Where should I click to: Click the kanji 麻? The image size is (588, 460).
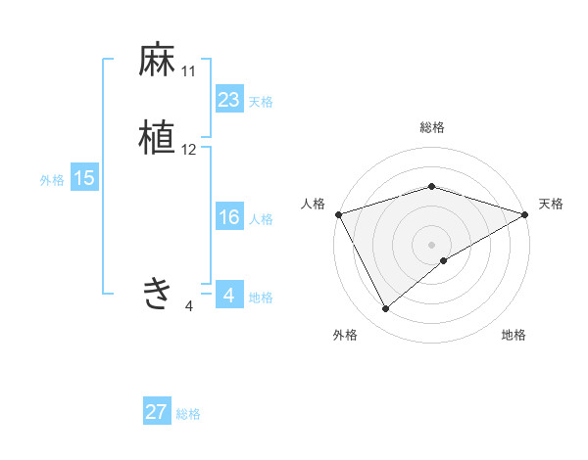click(x=157, y=61)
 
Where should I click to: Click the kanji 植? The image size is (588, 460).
click(x=157, y=138)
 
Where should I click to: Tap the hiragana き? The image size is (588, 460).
click(x=157, y=293)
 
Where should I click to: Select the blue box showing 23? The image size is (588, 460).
click(x=228, y=100)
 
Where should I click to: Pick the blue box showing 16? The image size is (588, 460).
click(x=228, y=218)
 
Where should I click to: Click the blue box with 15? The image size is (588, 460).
click(x=83, y=178)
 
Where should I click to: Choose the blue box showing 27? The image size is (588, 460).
click(x=157, y=412)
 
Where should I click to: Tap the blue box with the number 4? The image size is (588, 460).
click(x=228, y=295)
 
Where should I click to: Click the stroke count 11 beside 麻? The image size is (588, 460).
click(x=188, y=71)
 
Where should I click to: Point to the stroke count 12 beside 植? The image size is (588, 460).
click(x=189, y=150)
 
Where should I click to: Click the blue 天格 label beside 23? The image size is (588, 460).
click(x=261, y=102)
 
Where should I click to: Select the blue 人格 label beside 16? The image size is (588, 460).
click(x=262, y=219)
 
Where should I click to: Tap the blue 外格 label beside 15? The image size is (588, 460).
click(x=51, y=180)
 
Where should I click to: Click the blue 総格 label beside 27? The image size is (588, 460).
click(x=188, y=414)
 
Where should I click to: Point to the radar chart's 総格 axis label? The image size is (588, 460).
click(x=432, y=127)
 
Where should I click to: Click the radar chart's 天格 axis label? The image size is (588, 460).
click(x=551, y=204)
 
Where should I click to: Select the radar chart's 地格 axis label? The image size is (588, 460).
click(x=514, y=336)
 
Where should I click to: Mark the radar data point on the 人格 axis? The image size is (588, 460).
click(x=338, y=213)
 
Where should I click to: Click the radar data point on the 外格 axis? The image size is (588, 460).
click(x=386, y=309)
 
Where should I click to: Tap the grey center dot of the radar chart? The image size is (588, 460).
click(x=432, y=244)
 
